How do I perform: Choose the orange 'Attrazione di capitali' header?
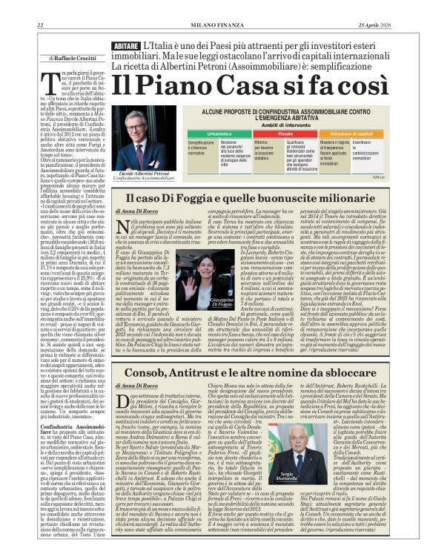click(x=351, y=133)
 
